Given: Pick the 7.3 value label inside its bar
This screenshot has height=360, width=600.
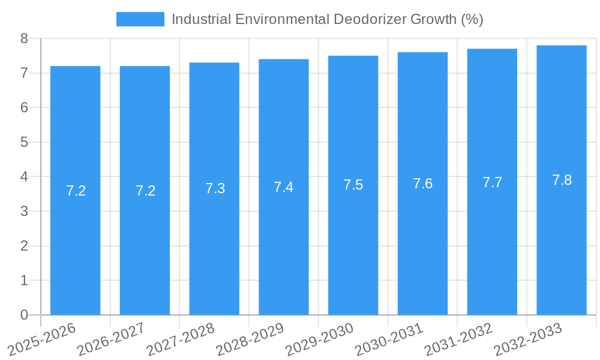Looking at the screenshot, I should pyautogui.click(x=215, y=188).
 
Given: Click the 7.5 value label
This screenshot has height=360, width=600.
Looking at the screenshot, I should pyautogui.click(x=353, y=185).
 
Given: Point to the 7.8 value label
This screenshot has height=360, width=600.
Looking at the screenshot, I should pyautogui.click(x=562, y=180).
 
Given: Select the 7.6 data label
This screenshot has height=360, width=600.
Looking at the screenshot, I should pyautogui.click(x=422, y=184).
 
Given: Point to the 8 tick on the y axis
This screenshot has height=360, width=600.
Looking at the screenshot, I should pyautogui.click(x=24, y=39).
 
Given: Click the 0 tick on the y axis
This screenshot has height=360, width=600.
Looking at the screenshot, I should pyautogui.click(x=24, y=315).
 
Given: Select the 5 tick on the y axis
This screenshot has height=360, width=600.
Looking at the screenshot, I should pyautogui.click(x=24, y=143).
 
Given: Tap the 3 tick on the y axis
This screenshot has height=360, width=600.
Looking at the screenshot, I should pyautogui.click(x=24, y=212).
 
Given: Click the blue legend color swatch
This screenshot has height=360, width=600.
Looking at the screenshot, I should pyautogui.click(x=140, y=19).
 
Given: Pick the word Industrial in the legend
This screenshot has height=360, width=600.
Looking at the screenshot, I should pyautogui.click(x=201, y=19).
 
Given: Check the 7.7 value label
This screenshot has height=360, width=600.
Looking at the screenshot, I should pyautogui.click(x=492, y=182).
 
